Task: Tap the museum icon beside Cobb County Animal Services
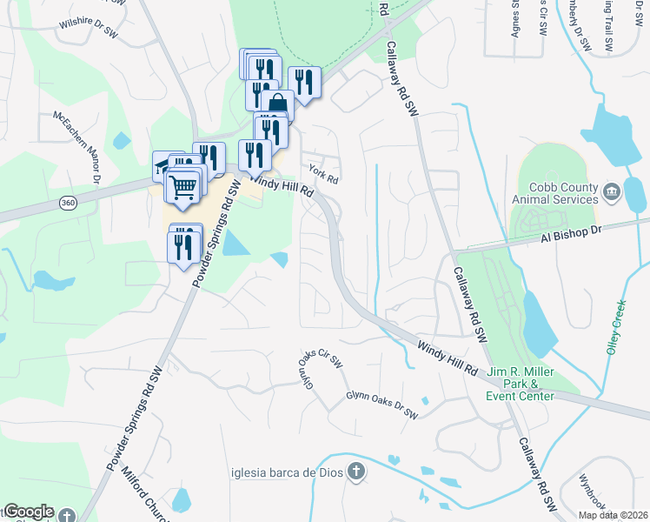611,191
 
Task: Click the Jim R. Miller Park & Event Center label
521,384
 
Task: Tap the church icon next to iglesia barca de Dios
355,472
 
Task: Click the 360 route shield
68,203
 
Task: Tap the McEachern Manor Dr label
76,145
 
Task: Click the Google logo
29,511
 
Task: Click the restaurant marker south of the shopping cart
184,244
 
